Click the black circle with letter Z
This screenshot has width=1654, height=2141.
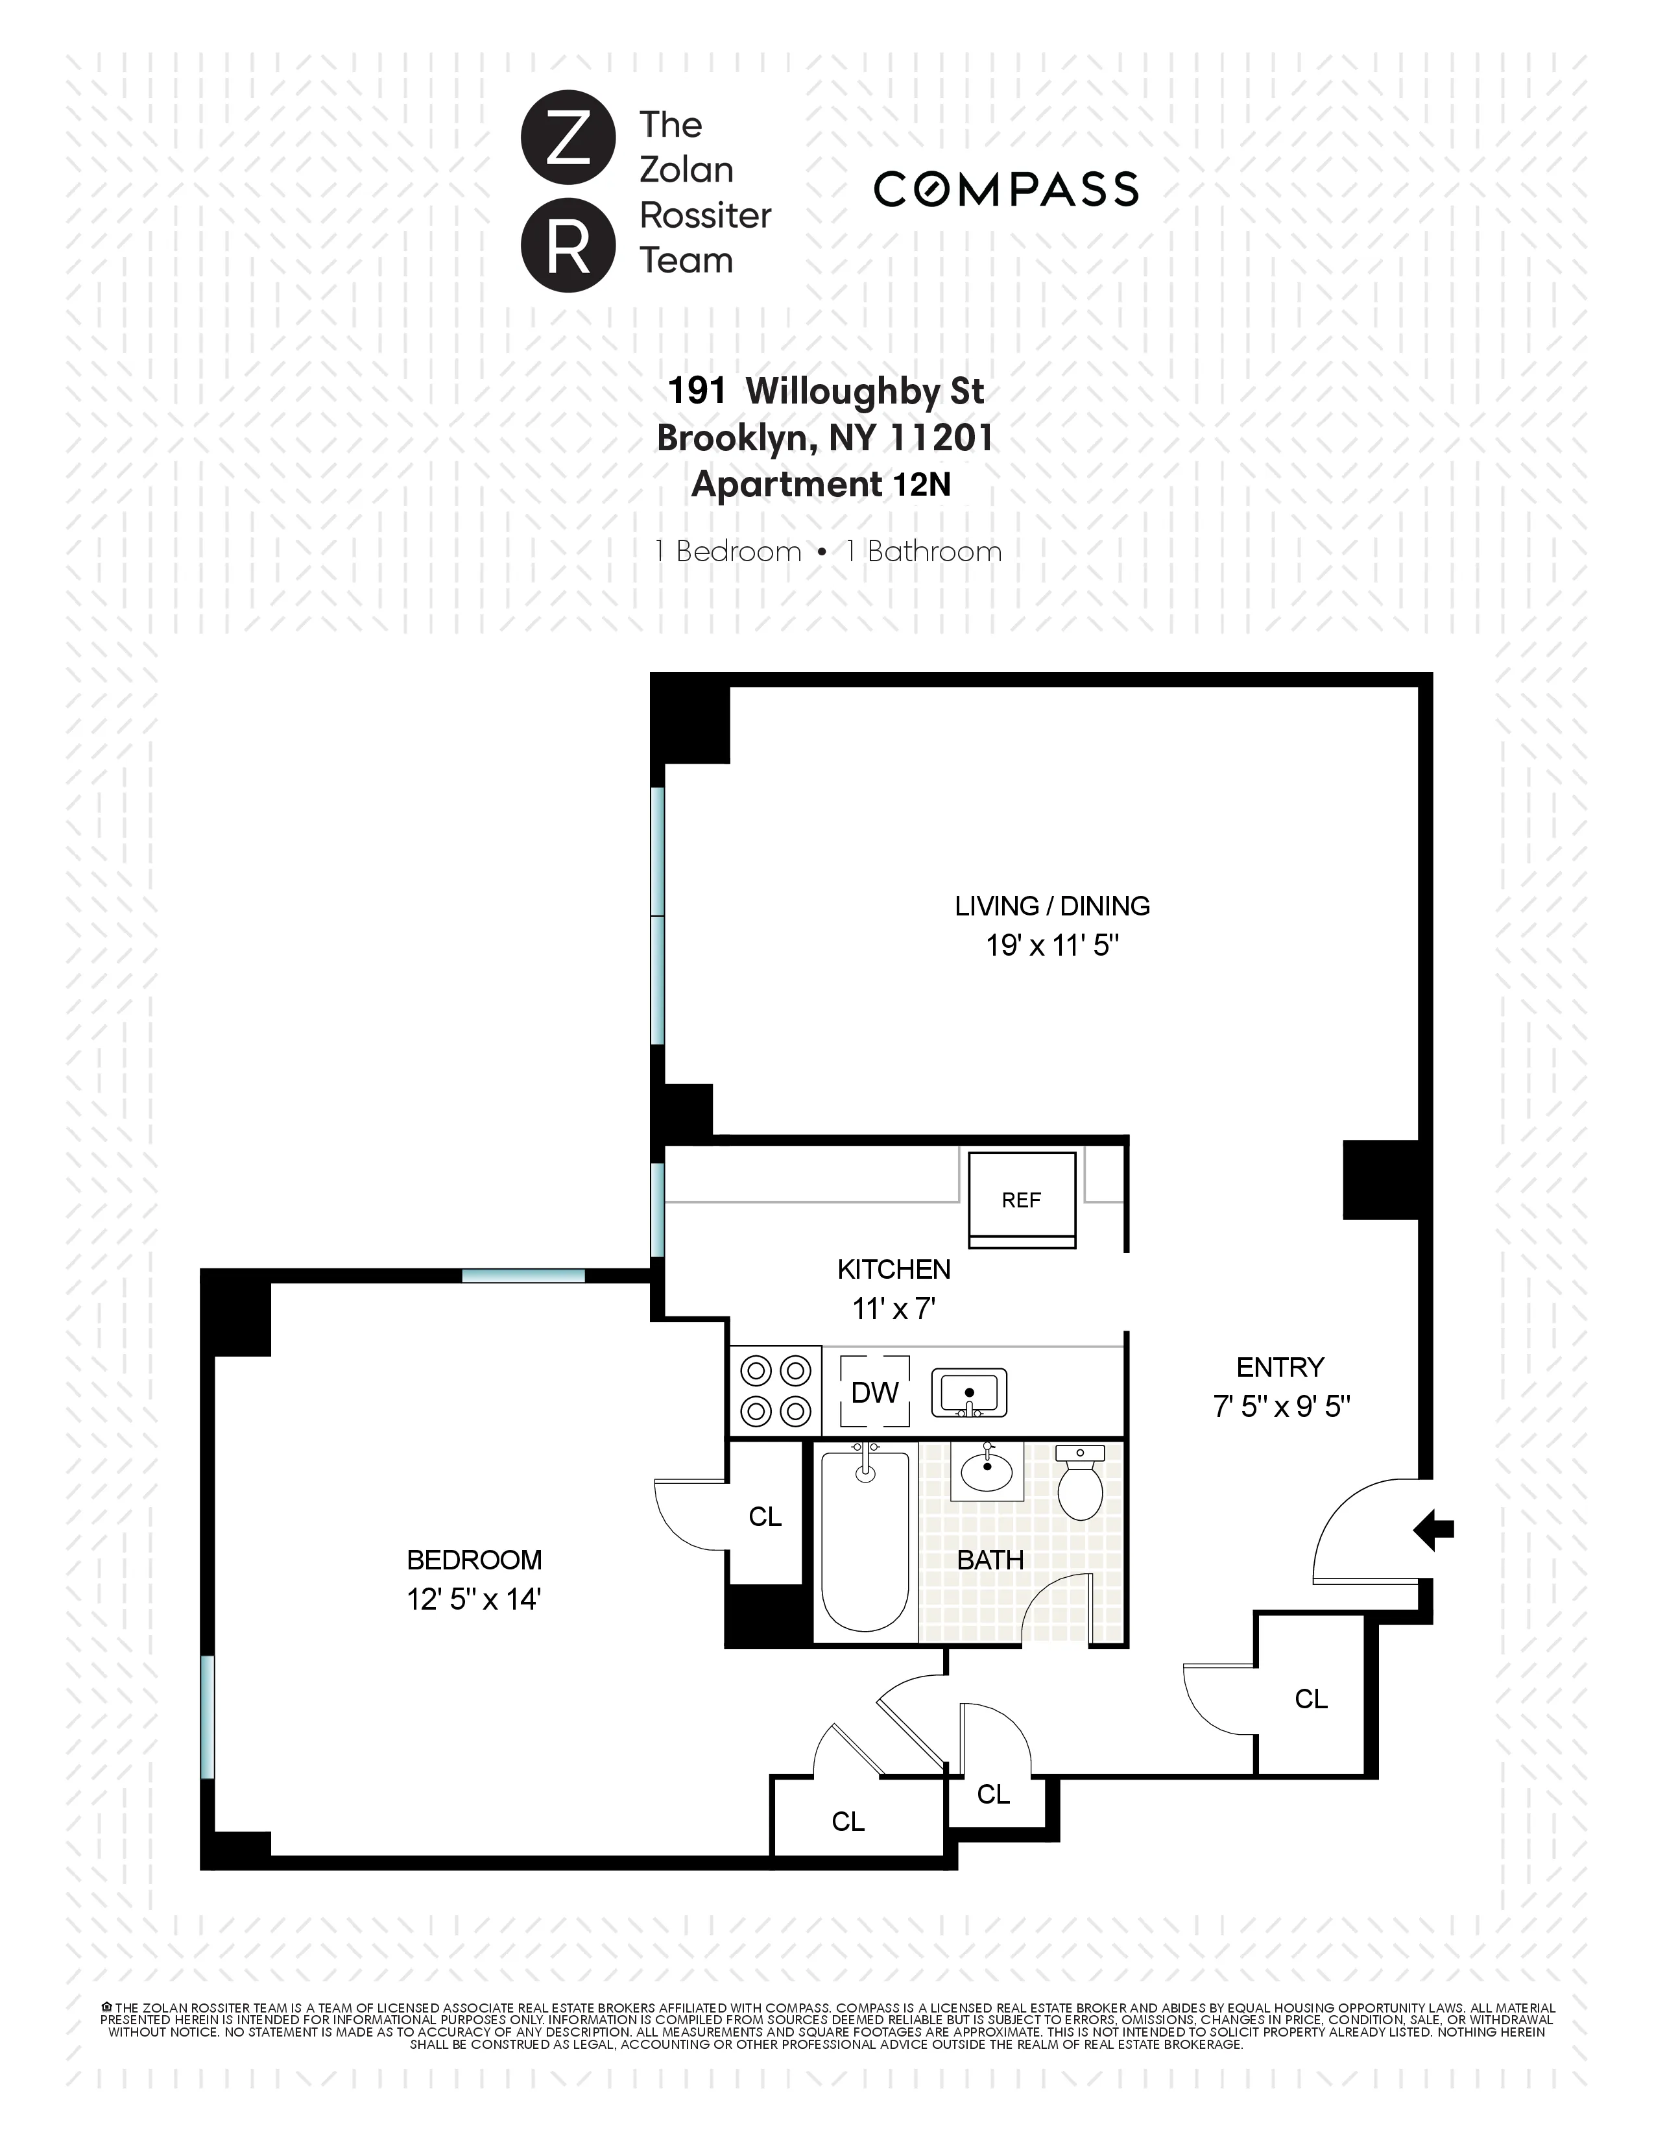pyautogui.click(x=568, y=138)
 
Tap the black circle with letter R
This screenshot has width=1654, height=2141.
pyautogui.click(x=568, y=245)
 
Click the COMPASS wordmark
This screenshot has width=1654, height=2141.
pyautogui.click(x=1005, y=189)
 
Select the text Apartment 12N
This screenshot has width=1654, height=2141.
pyautogui.click(x=821, y=484)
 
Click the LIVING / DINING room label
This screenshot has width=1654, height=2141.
pyautogui.click(x=1051, y=906)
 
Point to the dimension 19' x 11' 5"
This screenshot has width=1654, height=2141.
pyautogui.click(x=1051, y=946)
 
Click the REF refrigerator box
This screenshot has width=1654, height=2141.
pyautogui.click(x=1021, y=1199)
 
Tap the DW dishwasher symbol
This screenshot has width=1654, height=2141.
pyautogui.click(x=874, y=1392)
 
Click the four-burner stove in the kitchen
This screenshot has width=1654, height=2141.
pyautogui.click(x=775, y=1390)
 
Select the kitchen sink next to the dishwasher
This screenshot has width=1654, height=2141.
pyautogui.click(x=968, y=1393)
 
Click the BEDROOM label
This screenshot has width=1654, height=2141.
pyautogui.click(x=474, y=1560)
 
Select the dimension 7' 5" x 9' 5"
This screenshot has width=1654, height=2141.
pyautogui.click(x=1280, y=1407)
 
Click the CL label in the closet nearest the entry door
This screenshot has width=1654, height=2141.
pyautogui.click(x=1310, y=1699)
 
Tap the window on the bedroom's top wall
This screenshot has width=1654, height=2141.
pyautogui.click(x=523, y=1276)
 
